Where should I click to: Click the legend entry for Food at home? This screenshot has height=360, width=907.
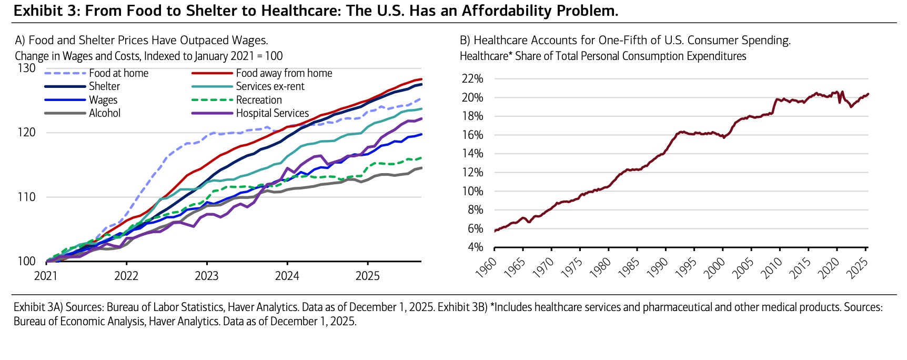[118, 74]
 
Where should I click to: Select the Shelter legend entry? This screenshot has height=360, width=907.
[104, 87]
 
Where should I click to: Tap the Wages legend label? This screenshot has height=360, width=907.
[103, 100]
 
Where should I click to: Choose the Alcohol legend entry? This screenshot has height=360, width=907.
[105, 113]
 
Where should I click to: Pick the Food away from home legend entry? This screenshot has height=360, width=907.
[284, 74]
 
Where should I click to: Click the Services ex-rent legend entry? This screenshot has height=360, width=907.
[270, 87]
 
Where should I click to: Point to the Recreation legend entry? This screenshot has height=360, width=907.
[258, 100]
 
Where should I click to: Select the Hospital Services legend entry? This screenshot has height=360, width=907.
[272, 113]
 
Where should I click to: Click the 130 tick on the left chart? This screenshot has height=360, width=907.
[26, 68]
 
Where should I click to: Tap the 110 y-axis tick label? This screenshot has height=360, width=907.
[26, 197]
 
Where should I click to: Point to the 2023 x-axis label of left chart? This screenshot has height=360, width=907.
[206, 276]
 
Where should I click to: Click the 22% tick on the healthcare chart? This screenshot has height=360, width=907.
[472, 79]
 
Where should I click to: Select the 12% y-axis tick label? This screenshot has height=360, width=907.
[472, 173]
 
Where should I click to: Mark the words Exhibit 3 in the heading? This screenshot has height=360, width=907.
[42, 11]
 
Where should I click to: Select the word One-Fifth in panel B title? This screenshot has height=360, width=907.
[614, 41]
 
